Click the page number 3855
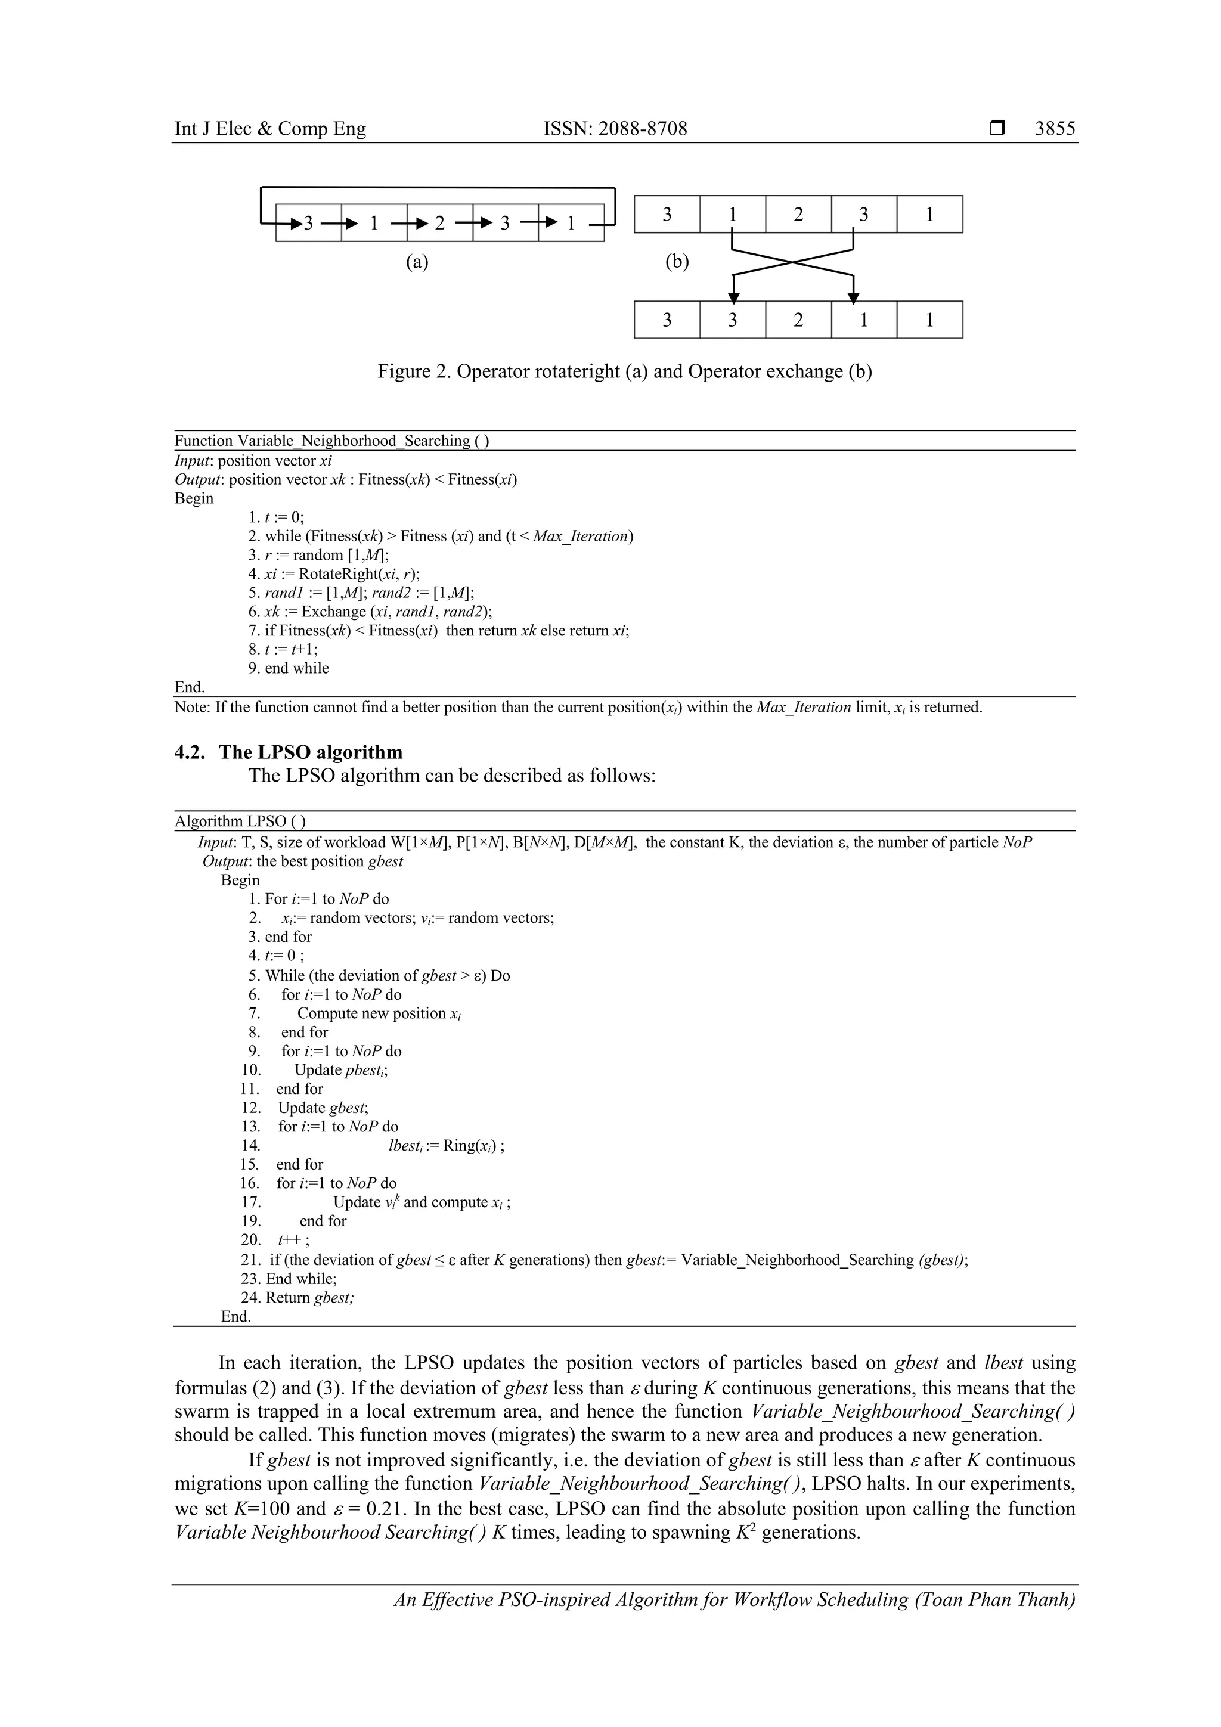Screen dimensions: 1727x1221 [1054, 129]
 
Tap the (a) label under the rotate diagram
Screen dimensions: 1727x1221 [417, 261]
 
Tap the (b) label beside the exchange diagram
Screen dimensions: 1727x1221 [677, 261]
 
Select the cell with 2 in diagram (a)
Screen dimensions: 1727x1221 [439, 222]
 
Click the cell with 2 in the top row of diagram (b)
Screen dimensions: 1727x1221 [798, 215]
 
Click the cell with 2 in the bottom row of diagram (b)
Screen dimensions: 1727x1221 [798, 320]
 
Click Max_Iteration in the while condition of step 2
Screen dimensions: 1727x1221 [580, 537]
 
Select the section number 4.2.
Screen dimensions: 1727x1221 [190, 752]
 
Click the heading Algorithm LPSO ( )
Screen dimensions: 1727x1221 [240, 821]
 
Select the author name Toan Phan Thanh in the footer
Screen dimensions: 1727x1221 [994, 1599]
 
